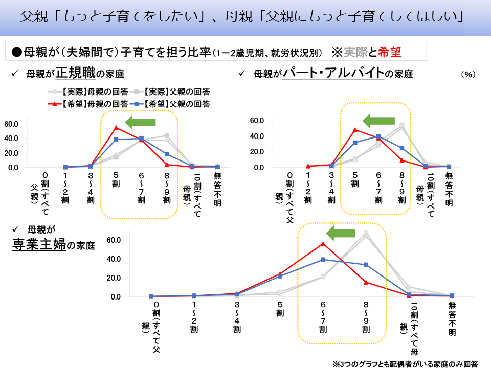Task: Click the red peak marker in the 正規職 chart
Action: pyautogui.click(x=116, y=127)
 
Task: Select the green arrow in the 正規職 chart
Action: pyautogui.click(x=140, y=121)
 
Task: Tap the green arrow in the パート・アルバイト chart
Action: pyautogui.click(x=378, y=121)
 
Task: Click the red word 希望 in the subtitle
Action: pyautogui.click(x=390, y=52)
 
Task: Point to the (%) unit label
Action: pyautogui.click(x=468, y=74)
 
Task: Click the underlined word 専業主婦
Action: pyautogui.click(x=39, y=244)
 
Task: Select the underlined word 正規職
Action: pyautogui.click(x=76, y=73)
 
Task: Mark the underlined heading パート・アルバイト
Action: pyautogui.click(x=333, y=73)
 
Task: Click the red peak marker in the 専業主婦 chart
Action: pyautogui.click(x=323, y=244)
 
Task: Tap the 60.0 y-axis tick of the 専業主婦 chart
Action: pyautogui.click(x=113, y=240)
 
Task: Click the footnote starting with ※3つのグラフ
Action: pyautogui.click(x=405, y=364)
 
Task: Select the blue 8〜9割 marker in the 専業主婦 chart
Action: pyautogui.click(x=366, y=265)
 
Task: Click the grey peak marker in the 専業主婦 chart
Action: pyautogui.click(x=366, y=233)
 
